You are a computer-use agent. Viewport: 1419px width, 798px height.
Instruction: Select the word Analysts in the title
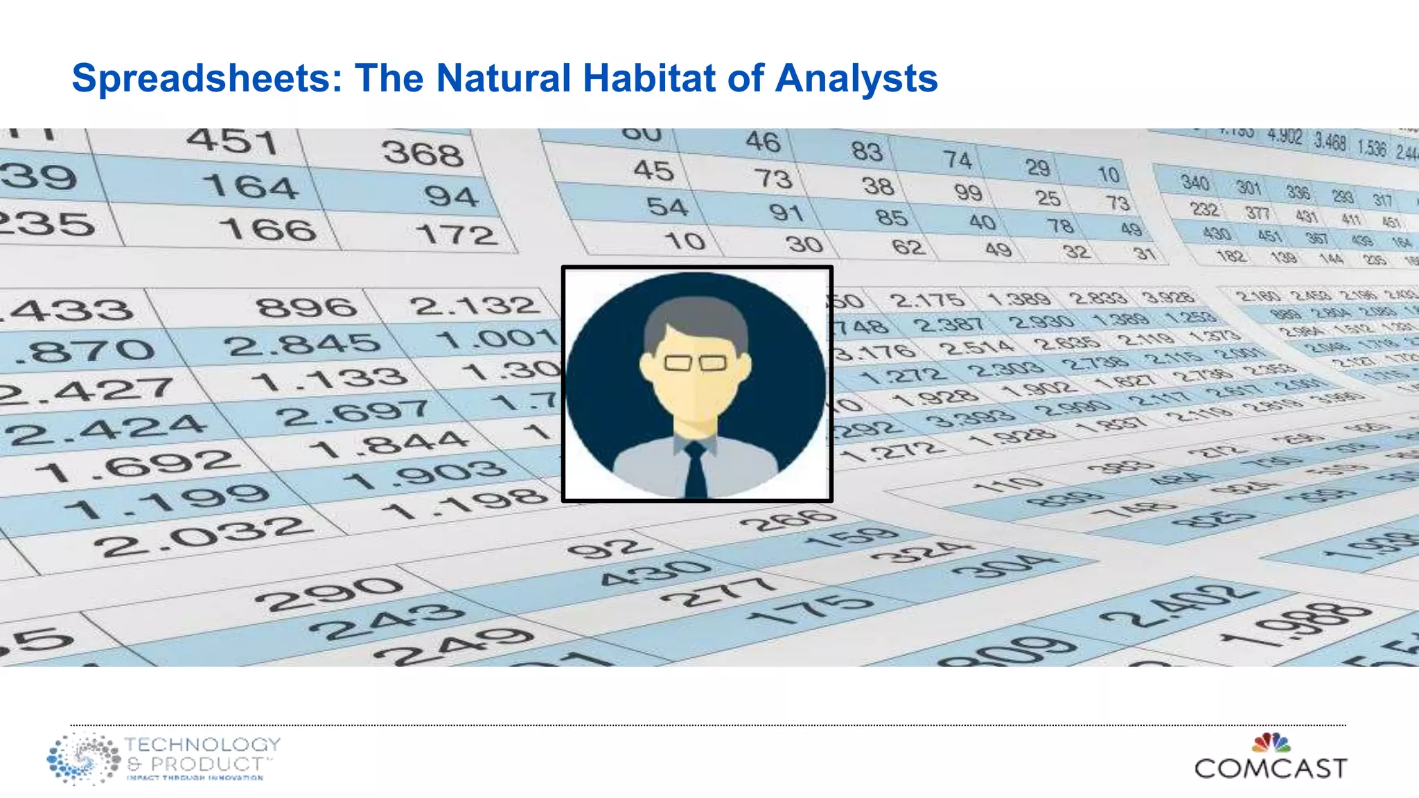tap(856, 79)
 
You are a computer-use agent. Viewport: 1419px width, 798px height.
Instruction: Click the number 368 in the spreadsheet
tap(423, 152)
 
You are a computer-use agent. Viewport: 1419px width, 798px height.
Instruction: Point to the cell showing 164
tap(251, 186)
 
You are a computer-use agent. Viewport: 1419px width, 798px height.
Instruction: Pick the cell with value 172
tap(457, 234)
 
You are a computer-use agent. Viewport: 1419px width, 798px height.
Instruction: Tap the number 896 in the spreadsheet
tap(306, 306)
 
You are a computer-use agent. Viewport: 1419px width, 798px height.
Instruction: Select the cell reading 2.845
tap(303, 344)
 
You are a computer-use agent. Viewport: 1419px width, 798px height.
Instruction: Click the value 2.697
tap(354, 413)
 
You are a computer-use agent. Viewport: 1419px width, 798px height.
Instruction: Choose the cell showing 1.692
tap(135, 466)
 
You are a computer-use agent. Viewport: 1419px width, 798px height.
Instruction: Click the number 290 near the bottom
tap(328, 594)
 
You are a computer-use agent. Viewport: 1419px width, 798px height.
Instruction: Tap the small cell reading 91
tap(786, 212)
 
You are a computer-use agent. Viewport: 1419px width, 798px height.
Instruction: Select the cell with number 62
tap(908, 247)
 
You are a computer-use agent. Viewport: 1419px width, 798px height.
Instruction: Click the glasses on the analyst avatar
tap(695, 362)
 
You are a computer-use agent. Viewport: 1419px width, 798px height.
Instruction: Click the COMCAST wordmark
tap(1270, 768)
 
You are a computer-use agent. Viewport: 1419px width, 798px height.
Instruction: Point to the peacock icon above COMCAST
tap(1271, 743)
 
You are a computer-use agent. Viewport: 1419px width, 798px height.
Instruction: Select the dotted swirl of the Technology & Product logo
tap(83, 759)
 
